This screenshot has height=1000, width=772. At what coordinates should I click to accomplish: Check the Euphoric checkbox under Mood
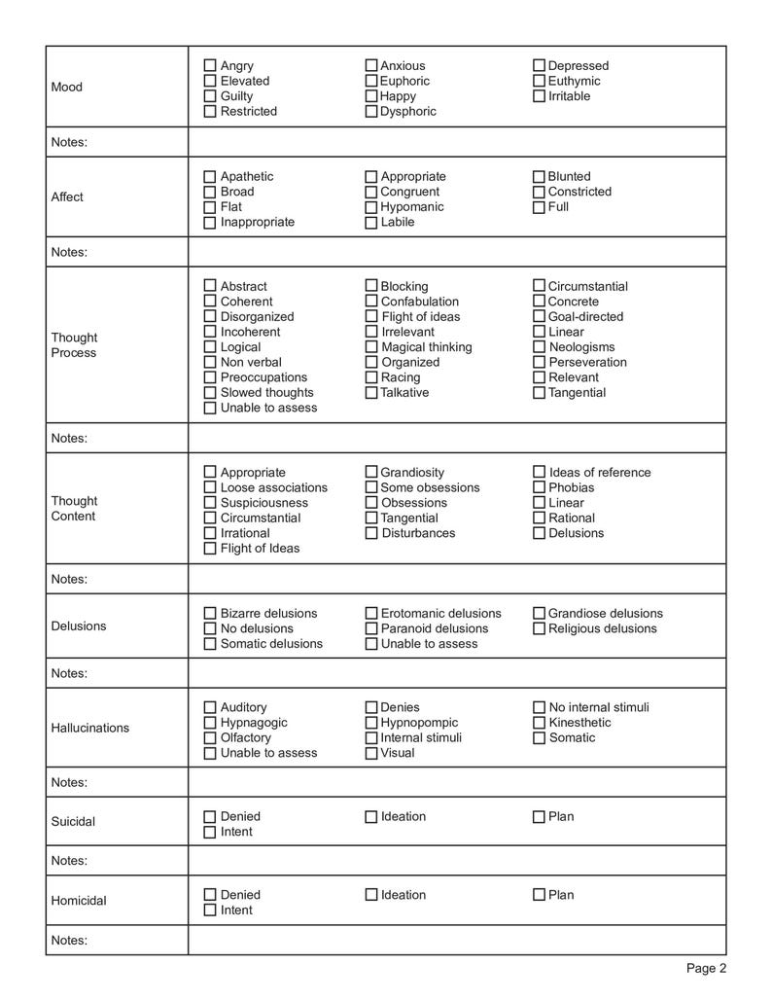(371, 81)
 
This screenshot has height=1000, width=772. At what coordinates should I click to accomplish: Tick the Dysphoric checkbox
(371, 112)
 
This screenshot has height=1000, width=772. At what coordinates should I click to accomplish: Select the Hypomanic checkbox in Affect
(371, 207)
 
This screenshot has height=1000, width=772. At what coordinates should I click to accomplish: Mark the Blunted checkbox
(539, 177)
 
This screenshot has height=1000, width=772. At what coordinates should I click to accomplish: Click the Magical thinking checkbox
(371, 347)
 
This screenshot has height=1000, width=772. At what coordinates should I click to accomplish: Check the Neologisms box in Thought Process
(539, 347)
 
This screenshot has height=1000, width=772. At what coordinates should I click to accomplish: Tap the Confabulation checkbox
(371, 302)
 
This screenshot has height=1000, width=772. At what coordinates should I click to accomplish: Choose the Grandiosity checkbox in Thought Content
(371, 473)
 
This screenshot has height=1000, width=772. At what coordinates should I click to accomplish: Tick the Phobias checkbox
(539, 487)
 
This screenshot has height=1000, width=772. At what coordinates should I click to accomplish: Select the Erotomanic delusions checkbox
(371, 614)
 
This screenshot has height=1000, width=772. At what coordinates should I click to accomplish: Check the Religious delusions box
(539, 628)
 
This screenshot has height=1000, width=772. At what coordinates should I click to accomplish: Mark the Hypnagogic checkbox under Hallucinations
(210, 723)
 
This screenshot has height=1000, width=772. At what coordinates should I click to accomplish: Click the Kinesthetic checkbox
(539, 723)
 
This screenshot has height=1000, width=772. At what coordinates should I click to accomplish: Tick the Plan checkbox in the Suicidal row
(539, 817)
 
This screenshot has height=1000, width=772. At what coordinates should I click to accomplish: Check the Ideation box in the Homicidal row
(371, 895)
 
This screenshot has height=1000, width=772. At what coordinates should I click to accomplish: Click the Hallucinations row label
(89, 728)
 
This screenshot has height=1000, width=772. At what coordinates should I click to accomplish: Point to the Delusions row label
(79, 625)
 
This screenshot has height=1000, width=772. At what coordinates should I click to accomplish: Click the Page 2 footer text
(706, 968)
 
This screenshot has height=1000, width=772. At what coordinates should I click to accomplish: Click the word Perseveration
(587, 362)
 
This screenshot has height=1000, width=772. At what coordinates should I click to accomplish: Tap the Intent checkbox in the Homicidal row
(210, 911)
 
